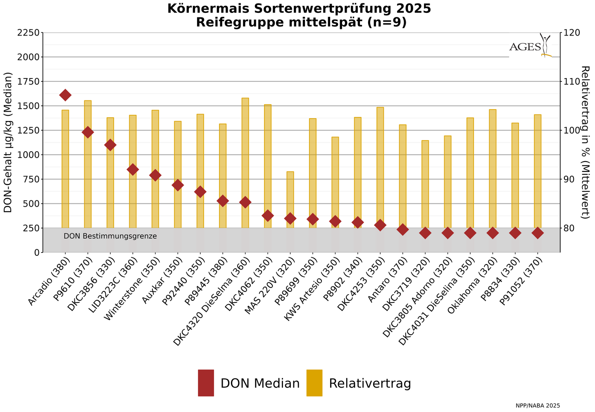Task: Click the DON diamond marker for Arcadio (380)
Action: click(65, 95)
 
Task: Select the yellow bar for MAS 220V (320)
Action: click(290, 198)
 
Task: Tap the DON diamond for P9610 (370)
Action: click(88, 132)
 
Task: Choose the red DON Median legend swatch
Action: click(206, 383)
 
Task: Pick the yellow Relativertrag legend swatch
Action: click(314, 383)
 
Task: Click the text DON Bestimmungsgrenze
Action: click(110, 236)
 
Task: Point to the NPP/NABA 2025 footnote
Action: click(538, 406)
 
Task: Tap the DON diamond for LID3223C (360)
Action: click(133, 169)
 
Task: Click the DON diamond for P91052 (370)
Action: click(538, 233)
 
